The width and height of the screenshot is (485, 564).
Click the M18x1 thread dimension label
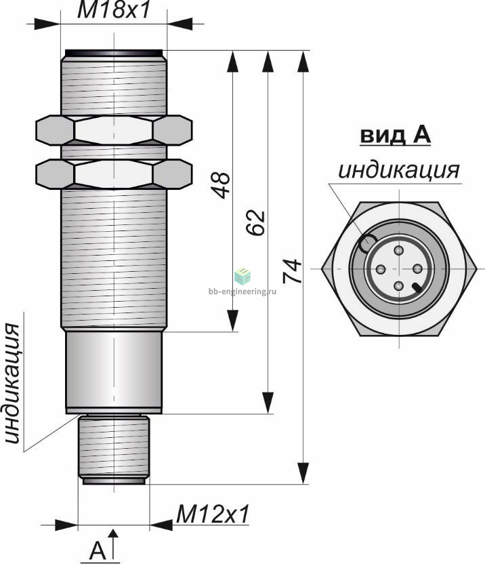click(114, 10)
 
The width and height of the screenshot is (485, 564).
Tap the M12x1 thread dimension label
click(213, 515)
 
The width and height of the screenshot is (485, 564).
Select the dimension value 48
click(221, 185)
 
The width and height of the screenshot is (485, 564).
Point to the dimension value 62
click(256, 222)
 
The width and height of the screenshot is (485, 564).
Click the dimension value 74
click(292, 271)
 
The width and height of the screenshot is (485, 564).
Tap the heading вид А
click(395, 136)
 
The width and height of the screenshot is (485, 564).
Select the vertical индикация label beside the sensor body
click(13, 384)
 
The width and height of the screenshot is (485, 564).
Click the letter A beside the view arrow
click(98, 550)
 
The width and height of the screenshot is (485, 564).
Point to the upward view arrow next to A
click(114, 544)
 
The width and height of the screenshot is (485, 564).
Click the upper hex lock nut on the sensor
click(114, 130)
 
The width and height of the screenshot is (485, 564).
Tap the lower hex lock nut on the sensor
click(114, 174)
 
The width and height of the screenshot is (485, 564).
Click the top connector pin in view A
click(399, 250)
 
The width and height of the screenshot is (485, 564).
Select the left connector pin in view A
click(381, 268)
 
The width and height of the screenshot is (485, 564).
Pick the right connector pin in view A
click(417, 268)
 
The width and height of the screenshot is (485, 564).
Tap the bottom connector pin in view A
click(399, 286)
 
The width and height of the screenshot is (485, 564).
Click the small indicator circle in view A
click(368, 243)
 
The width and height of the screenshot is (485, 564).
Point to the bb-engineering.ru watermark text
click(242, 291)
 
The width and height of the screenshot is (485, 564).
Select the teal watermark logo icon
click(242, 277)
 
